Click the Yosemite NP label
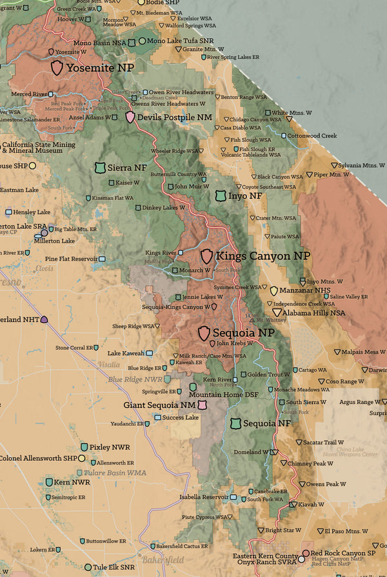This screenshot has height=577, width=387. point(100,68)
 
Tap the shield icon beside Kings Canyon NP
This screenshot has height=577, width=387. point(206,256)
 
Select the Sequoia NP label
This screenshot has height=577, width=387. point(243,333)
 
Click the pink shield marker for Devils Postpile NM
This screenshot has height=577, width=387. point(130,117)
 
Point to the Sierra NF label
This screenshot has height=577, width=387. point(126,168)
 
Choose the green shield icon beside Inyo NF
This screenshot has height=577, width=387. point(221,196)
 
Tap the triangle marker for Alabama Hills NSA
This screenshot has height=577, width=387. point(277,312)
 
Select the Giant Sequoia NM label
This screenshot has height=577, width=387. point(159,405)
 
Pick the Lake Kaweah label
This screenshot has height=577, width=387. point(126,354)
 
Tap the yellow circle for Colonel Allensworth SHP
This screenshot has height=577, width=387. point(81,458)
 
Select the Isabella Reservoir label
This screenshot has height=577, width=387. point(204,497)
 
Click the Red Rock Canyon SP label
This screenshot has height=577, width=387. point(342,553)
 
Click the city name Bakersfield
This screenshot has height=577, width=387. point(164,560)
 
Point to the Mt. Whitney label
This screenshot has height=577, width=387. point(272,320)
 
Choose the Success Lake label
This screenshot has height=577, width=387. point(180,418)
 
